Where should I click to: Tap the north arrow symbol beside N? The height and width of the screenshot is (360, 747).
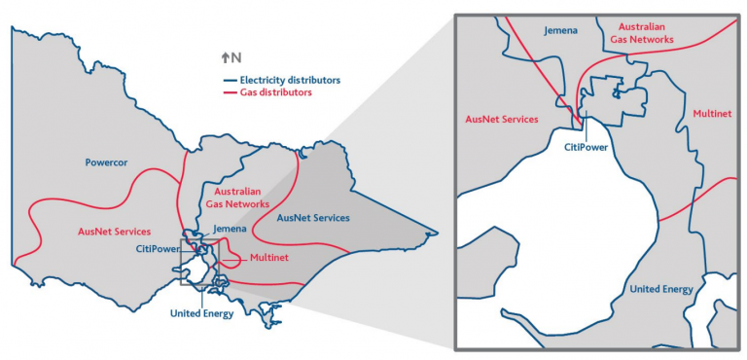tap(226, 57)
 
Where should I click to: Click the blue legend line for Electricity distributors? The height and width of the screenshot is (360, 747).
tap(230, 80)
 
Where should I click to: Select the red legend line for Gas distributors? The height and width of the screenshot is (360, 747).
tap(230, 93)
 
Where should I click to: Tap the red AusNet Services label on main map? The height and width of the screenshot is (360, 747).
tap(114, 232)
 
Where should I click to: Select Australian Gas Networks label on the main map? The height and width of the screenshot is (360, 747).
tap(237, 198)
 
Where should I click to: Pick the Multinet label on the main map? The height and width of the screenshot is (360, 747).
tap(268, 258)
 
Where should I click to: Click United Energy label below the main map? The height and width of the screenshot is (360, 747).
tap(202, 314)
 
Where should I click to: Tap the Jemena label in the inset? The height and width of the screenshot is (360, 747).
tap(560, 31)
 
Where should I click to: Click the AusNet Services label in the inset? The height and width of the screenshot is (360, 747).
tap(502, 119)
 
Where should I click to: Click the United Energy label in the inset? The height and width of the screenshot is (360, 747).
tap(661, 289)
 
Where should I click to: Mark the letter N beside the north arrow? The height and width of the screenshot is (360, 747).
tap(236, 57)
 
